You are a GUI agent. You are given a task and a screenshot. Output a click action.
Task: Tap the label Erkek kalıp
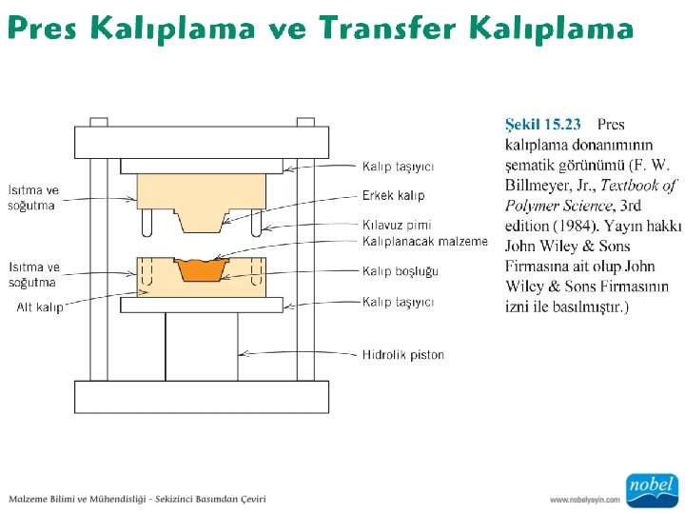393,195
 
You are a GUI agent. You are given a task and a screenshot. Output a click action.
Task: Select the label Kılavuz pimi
396,226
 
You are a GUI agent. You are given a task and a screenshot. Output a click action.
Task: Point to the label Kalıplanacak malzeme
424,242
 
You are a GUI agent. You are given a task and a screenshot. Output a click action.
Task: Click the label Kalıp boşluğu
400,271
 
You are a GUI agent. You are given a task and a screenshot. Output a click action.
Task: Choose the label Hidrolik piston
402,355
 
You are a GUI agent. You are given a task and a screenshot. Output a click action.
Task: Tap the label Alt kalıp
39,307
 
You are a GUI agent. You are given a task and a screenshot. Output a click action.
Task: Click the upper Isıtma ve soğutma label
33,197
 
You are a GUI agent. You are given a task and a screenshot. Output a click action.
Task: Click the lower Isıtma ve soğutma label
33,274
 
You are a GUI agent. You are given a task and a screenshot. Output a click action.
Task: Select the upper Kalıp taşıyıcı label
398,167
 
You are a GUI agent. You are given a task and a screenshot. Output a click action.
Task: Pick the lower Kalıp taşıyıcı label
398,302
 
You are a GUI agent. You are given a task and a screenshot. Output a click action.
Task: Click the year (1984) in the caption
577,226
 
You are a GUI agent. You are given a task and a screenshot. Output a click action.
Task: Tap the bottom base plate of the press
202,396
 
